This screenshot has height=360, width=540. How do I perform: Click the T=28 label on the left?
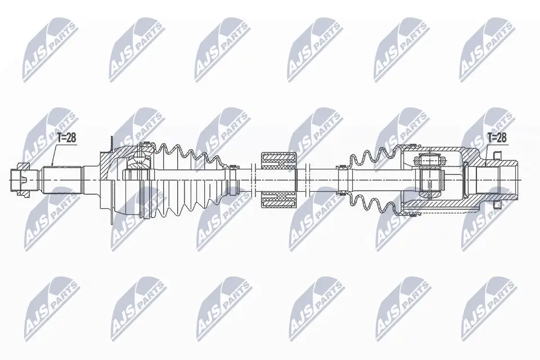[x=66, y=138]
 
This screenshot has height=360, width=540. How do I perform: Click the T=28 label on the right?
[x=497, y=138]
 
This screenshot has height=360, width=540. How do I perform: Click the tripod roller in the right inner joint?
[x=430, y=179]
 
